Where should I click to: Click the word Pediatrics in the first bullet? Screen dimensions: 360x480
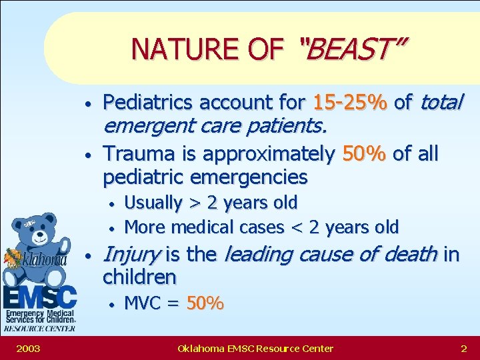(x=149, y=103)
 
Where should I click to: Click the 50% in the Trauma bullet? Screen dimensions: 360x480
(x=364, y=154)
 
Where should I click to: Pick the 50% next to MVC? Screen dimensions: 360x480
(x=205, y=303)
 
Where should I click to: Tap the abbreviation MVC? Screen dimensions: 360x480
(x=143, y=303)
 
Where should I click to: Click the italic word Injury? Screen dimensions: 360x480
(x=131, y=254)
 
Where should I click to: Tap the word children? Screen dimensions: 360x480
(x=139, y=277)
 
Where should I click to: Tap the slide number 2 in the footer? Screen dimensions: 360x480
(x=463, y=348)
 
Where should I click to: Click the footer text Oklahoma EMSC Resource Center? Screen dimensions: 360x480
(x=255, y=348)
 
